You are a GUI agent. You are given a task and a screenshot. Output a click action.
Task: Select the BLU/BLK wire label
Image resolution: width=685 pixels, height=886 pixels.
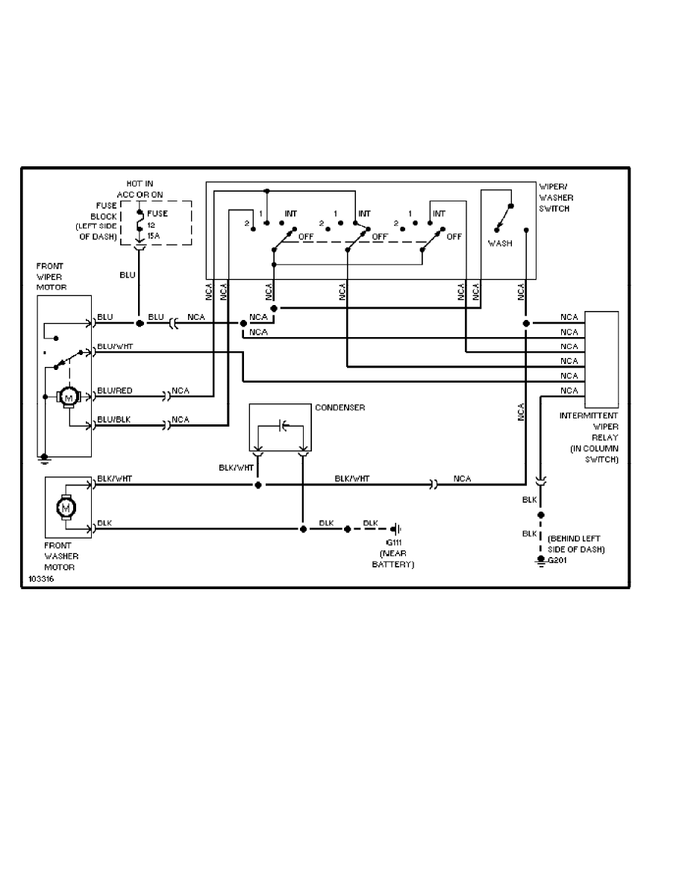113,421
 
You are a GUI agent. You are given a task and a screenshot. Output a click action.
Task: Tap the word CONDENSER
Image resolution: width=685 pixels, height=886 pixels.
341,408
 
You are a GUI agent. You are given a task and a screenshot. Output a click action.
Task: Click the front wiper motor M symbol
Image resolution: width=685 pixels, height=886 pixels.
69,398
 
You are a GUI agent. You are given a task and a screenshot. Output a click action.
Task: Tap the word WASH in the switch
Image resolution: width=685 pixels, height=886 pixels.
500,243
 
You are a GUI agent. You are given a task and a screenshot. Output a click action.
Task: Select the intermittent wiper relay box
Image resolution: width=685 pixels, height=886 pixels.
602,354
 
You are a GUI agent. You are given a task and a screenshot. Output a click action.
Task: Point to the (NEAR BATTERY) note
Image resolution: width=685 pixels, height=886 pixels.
392,559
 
